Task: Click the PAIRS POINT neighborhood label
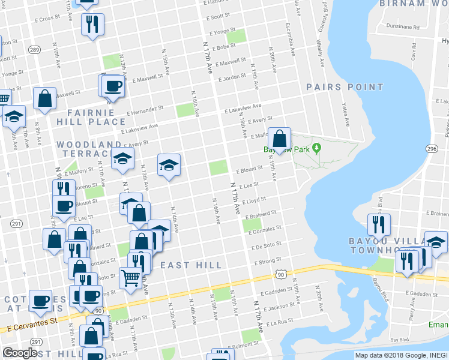pyautogui.click(x=345, y=87)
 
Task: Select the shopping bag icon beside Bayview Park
pyautogui.click(x=279, y=140)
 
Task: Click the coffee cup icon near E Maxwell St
pyautogui.click(x=112, y=86)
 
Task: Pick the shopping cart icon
pyautogui.click(x=130, y=278)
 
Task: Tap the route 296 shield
pyautogui.click(x=432, y=148)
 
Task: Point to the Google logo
pyautogui.click(x=20, y=353)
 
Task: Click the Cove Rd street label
pyautogui.click(x=414, y=55)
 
